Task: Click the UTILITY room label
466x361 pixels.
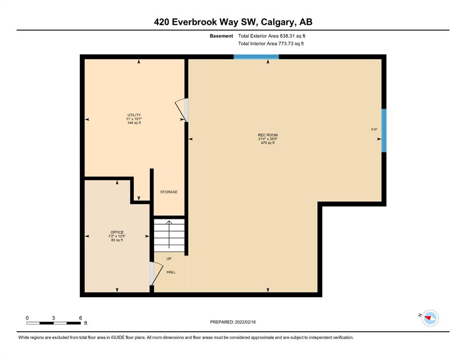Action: click(134, 115)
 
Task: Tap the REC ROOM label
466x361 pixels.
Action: click(268, 135)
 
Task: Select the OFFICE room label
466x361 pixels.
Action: click(117, 232)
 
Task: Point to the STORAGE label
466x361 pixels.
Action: click(169, 192)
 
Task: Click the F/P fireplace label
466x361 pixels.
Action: click(374, 129)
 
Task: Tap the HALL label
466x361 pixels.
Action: click(171, 272)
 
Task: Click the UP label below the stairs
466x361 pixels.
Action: click(169, 259)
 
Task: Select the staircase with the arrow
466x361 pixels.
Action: click(169, 235)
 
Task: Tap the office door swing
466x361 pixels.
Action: click(156, 273)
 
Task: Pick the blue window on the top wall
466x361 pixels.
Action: click(256, 57)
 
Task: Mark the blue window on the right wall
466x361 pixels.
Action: click(384, 131)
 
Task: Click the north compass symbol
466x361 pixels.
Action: click(430, 318)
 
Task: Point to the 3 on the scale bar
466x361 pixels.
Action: click(53, 318)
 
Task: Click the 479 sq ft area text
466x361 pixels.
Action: click(268, 143)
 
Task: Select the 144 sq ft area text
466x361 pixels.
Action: click(134, 123)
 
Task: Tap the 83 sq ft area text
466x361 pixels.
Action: click(117, 240)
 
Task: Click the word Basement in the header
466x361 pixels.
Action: click(222, 36)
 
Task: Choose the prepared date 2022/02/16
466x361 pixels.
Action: click(245, 322)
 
